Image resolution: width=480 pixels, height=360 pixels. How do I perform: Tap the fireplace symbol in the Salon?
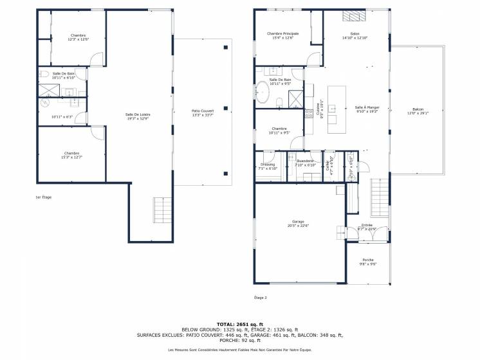[x=354, y=17]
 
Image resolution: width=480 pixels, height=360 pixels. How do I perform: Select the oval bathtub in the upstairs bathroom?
[x=263, y=93]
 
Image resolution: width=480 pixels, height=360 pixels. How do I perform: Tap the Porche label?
[x=367, y=259]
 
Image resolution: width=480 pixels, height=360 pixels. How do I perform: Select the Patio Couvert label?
[x=202, y=111]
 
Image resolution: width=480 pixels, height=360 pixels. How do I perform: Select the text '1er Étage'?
[x=43, y=197]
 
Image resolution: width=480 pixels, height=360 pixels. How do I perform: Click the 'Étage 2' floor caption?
[x=260, y=298]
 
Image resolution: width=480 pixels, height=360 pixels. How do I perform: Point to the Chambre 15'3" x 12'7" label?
[x=71, y=153]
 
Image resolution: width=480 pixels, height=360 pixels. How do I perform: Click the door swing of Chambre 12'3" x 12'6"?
[x=96, y=59]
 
